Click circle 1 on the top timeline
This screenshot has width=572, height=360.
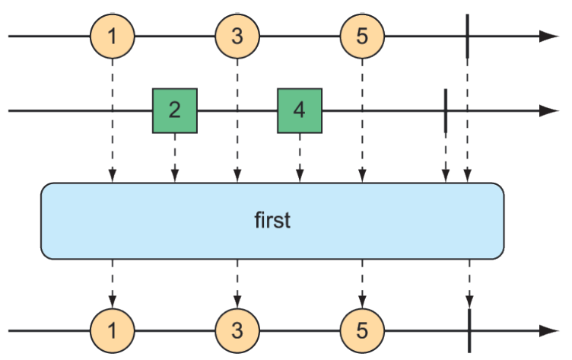113,36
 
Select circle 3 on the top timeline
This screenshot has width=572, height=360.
237,36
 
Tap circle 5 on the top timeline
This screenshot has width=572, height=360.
362,36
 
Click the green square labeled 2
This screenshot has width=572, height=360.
175,110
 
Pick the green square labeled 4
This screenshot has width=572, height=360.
300,110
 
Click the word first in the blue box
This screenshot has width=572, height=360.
272,221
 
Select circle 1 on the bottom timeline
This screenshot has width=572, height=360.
113,331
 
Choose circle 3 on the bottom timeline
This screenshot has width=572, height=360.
237,331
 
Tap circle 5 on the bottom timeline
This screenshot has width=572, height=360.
362,331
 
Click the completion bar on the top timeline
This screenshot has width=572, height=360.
467,36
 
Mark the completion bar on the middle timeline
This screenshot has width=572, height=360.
445,110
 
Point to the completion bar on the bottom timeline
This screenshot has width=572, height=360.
469,331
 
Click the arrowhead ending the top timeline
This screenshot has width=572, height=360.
549,36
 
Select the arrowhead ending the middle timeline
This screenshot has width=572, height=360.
549,110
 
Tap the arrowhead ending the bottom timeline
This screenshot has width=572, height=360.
549,331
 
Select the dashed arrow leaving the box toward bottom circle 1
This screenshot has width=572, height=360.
113,282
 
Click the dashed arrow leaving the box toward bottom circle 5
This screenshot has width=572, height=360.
362,282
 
